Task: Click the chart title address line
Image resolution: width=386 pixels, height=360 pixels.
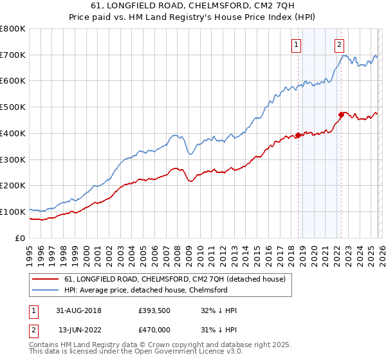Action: pyautogui.click(x=193, y=6)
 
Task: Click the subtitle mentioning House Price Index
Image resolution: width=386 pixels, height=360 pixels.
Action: pyautogui.click(x=193, y=17)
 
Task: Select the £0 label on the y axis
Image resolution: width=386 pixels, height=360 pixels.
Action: pyautogui.click(x=21, y=238)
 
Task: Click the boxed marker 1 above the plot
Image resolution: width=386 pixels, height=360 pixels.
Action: pyautogui.click(x=296, y=44)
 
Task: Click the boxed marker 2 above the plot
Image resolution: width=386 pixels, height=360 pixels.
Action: pyautogui.click(x=339, y=44)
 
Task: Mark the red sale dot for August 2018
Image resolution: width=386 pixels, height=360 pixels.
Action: pyautogui.click(x=299, y=135)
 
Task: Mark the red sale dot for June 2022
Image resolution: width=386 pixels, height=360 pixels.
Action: pyautogui.click(x=341, y=115)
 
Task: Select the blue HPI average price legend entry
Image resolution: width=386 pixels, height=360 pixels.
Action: pyautogui.click(x=146, y=290)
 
